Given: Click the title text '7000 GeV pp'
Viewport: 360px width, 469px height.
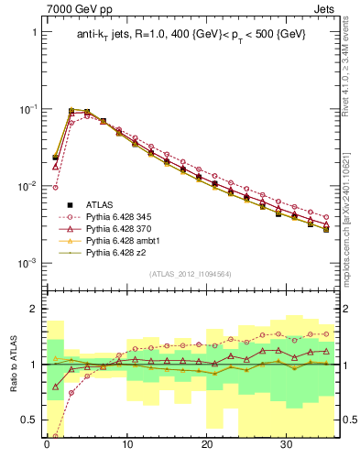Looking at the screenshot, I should click(x=76, y=10).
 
